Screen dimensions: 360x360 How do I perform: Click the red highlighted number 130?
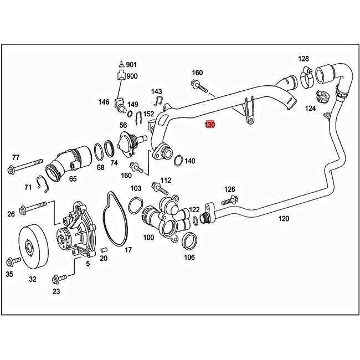tap(209, 125)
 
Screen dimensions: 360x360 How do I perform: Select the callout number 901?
tap(131, 65)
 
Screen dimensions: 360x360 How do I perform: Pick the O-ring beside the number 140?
tap(179, 161)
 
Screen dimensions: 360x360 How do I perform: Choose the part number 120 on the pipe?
tap(283, 219)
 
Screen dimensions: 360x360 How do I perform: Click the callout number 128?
tap(303, 59)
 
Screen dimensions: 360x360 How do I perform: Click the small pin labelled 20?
tap(104, 250)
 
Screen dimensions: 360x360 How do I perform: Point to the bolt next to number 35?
tap(10, 261)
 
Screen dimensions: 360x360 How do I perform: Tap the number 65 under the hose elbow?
tap(73, 179)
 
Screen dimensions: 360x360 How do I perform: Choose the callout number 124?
tap(310, 109)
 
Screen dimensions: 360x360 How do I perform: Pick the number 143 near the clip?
tap(157, 91)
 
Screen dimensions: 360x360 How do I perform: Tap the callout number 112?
tap(166, 181)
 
